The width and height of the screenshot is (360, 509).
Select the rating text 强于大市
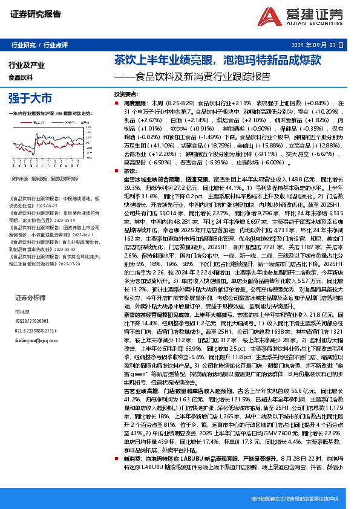[30, 97]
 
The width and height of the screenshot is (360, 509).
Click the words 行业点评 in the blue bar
[56, 45]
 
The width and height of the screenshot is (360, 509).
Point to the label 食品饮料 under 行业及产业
[21, 77]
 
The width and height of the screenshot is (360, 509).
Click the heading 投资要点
[126, 96]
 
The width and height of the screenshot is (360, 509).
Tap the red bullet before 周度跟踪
[109, 104]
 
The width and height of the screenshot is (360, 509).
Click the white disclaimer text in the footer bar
[294, 499]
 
